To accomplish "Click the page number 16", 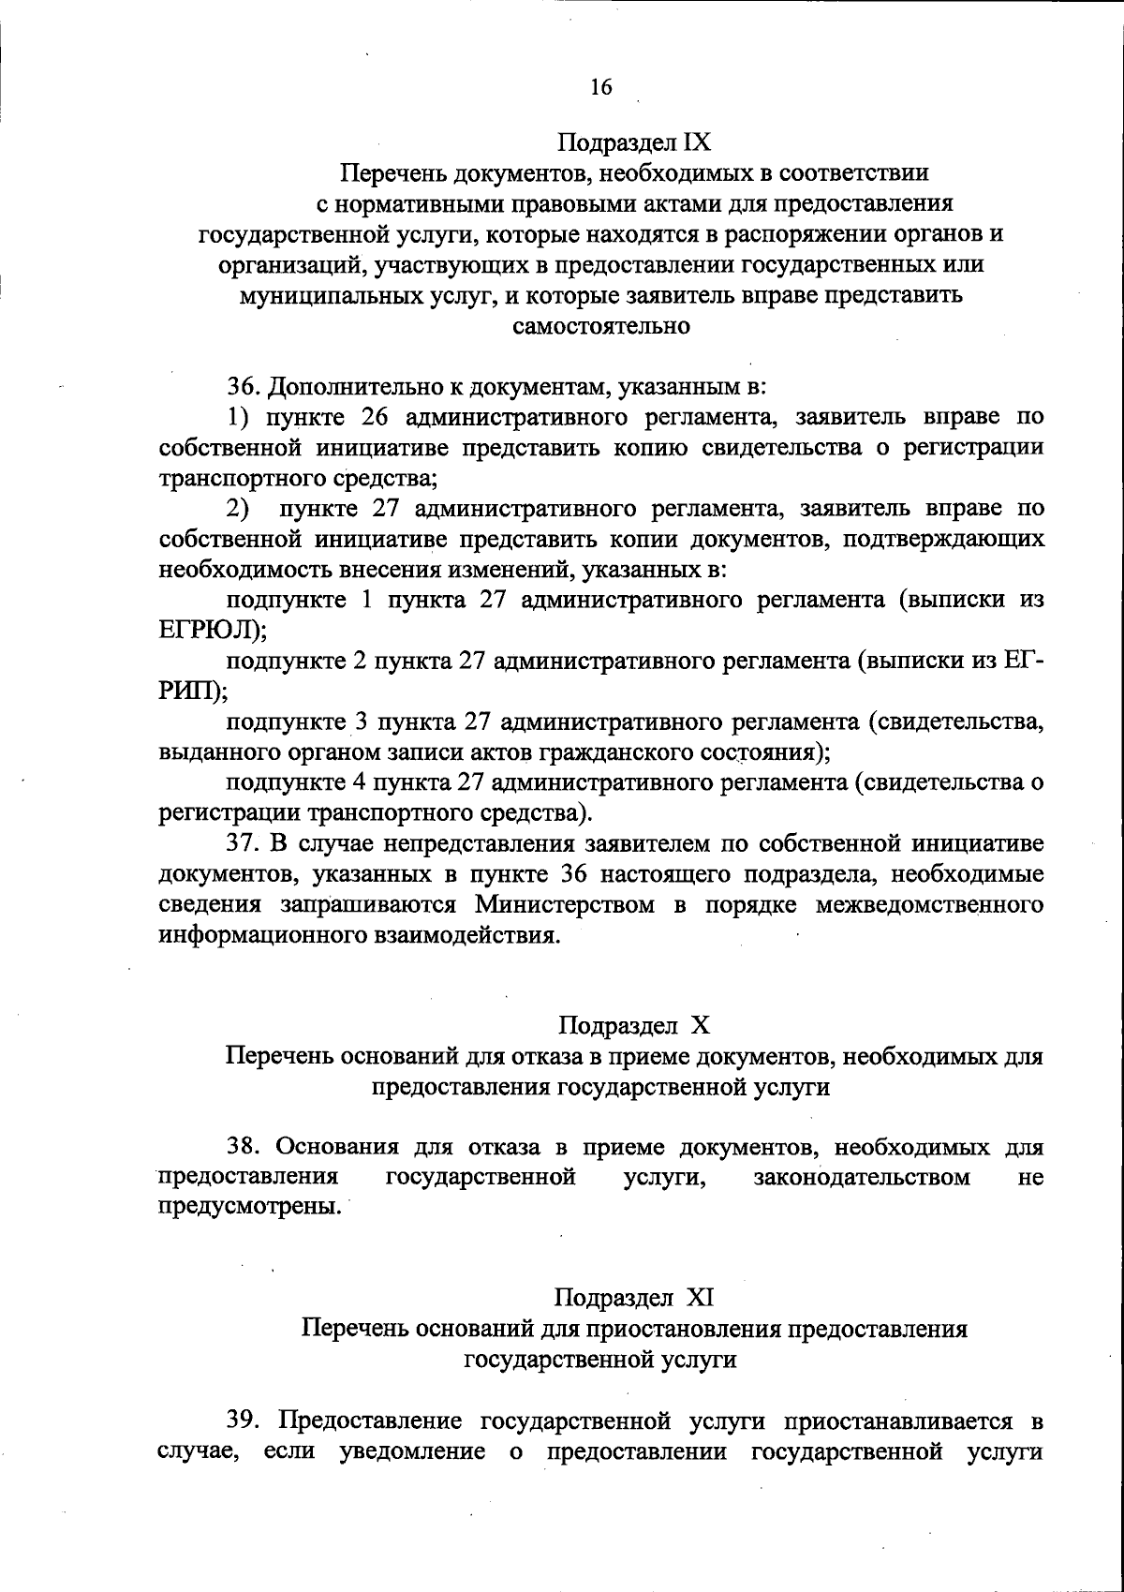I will pos(600,87).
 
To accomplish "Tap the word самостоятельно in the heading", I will pos(601,326).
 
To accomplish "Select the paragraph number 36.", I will pos(245,386).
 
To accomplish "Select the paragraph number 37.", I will pos(245,844).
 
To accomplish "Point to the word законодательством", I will pos(862,1177).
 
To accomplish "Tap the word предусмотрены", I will pos(246,1207).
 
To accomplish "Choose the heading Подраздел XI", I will pos(634,1299).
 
